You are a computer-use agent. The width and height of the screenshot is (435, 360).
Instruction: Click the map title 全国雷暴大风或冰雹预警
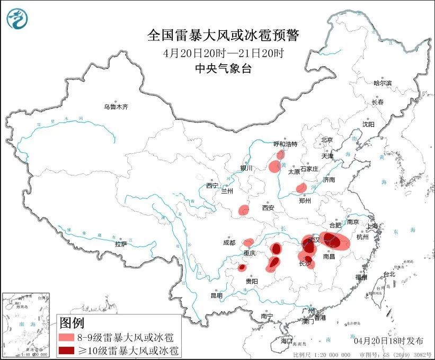pyautogui.click(x=223, y=36)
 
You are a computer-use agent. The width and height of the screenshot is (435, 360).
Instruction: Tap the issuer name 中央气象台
pyautogui.click(x=223, y=68)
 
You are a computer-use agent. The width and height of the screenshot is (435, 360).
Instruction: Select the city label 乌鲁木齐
pyautogui.click(x=116, y=107)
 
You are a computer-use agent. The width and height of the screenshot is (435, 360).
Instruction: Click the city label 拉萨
pyautogui.click(x=121, y=244)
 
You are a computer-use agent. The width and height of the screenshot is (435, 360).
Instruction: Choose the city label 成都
pyautogui.click(x=229, y=243)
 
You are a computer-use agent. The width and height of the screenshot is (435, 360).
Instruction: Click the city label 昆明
pyautogui.click(x=217, y=295)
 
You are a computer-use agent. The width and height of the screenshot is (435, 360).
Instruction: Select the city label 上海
pyautogui.click(x=372, y=226)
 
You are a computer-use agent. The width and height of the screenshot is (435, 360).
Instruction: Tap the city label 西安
pyautogui.click(x=268, y=208)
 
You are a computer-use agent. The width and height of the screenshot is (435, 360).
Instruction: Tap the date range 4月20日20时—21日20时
pyautogui.click(x=223, y=52)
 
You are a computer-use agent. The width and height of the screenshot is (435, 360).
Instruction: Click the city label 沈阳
pyautogui.click(x=368, y=124)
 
